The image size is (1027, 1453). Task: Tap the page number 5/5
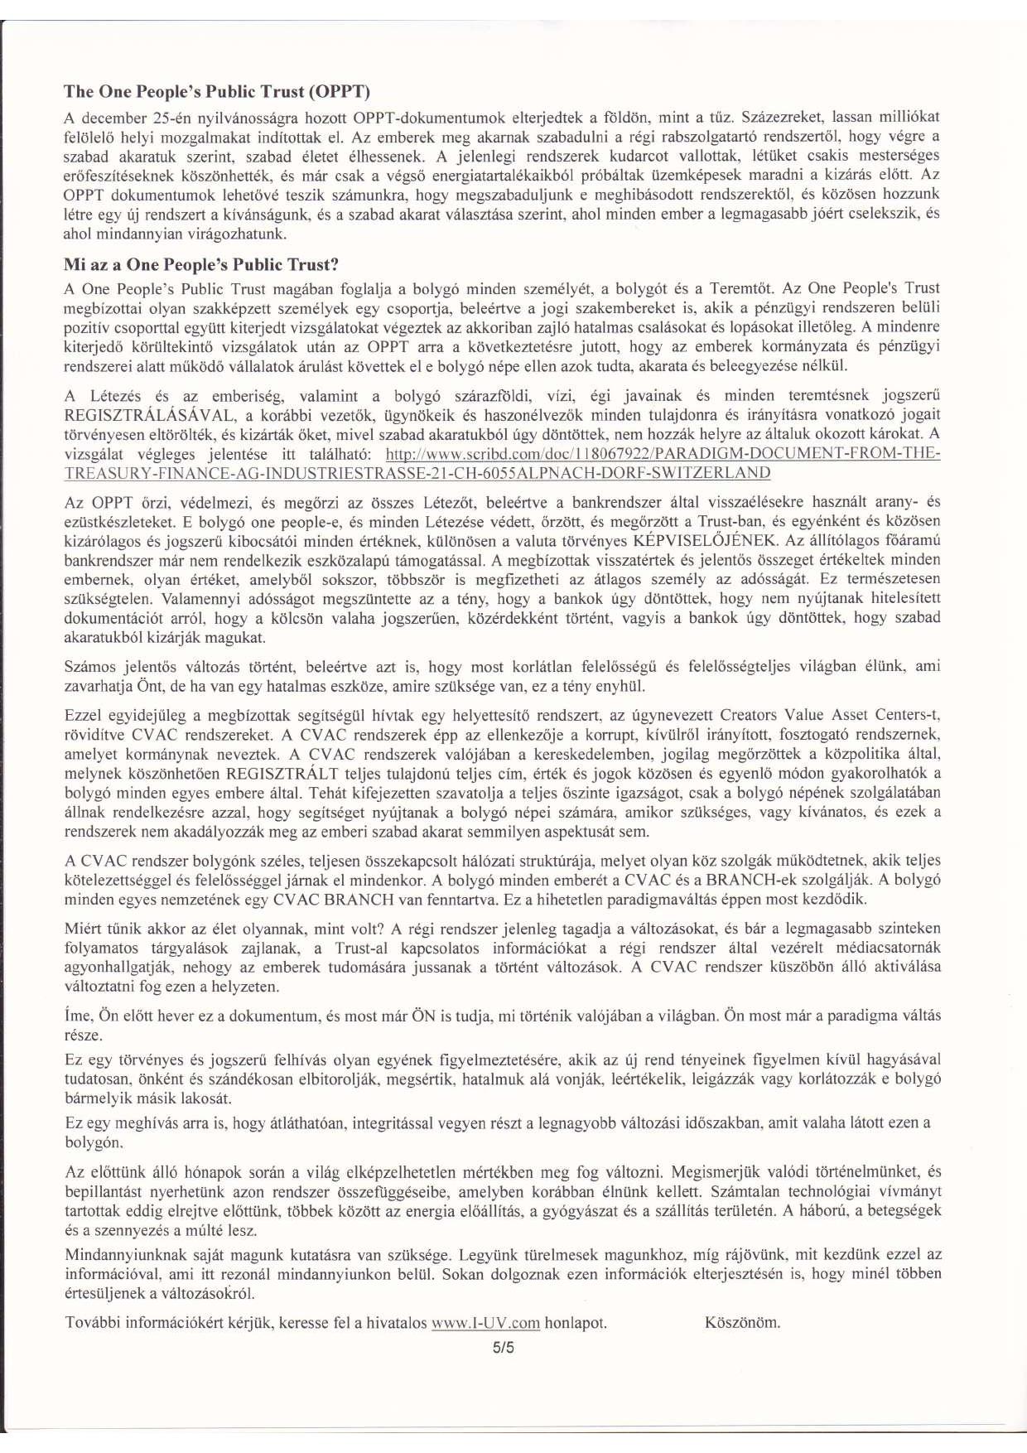click(504, 1347)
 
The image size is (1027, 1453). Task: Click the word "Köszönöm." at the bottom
click(742, 1322)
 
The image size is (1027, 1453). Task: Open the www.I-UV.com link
click(486, 1323)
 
